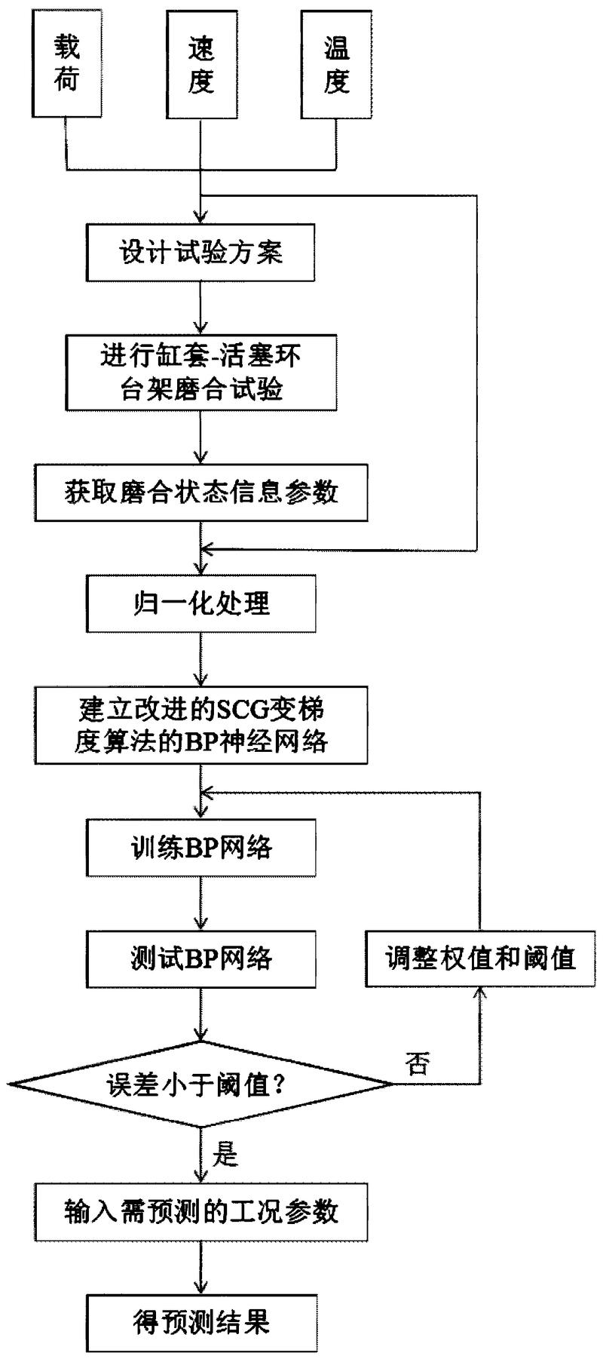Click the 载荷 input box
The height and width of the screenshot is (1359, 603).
[x=66, y=64]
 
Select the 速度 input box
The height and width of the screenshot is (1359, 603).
[x=200, y=64]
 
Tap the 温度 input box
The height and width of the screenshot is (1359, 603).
[x=335, y=64]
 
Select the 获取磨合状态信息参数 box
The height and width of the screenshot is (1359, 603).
[x=200, y=492]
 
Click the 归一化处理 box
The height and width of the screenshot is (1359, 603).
[x=200, y=603]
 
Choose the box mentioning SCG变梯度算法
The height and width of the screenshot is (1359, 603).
[x=200, y=725]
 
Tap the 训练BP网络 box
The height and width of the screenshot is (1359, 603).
[x=200, y=848]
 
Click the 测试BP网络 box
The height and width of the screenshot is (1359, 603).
[x=200, y=958]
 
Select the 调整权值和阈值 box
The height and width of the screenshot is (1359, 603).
[x=480, y=958]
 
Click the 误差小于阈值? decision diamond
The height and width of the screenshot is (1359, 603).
[x=200, y=1084]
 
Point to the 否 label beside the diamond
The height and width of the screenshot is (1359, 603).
[x=418, y=1064]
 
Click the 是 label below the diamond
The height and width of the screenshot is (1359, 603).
[x=226, y=1155]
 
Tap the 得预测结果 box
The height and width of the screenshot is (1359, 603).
[x=200, y=1323]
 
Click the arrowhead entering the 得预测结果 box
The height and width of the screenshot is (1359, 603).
[x=200, y=1287]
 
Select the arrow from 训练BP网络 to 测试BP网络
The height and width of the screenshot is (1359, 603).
[x=200, y=903]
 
